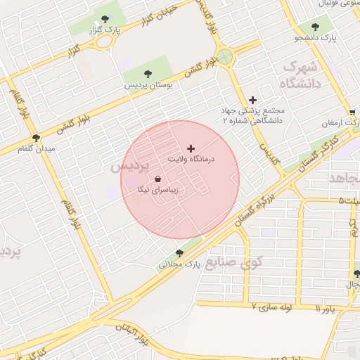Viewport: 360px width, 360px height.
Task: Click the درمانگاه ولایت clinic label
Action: (190, 160)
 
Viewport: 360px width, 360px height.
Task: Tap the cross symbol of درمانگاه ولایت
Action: (191, 148)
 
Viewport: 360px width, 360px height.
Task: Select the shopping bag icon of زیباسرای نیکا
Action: (156, 179)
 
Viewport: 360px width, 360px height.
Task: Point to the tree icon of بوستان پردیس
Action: (148, 73)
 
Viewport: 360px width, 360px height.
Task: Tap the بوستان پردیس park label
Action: (149, 84)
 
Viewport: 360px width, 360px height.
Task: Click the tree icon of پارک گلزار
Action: (105, 19)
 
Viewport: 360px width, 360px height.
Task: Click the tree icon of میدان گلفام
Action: (36, 138)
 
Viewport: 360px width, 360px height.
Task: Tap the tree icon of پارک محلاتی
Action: (179, 253)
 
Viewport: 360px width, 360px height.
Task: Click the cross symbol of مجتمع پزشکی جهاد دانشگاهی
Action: (253, 100)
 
